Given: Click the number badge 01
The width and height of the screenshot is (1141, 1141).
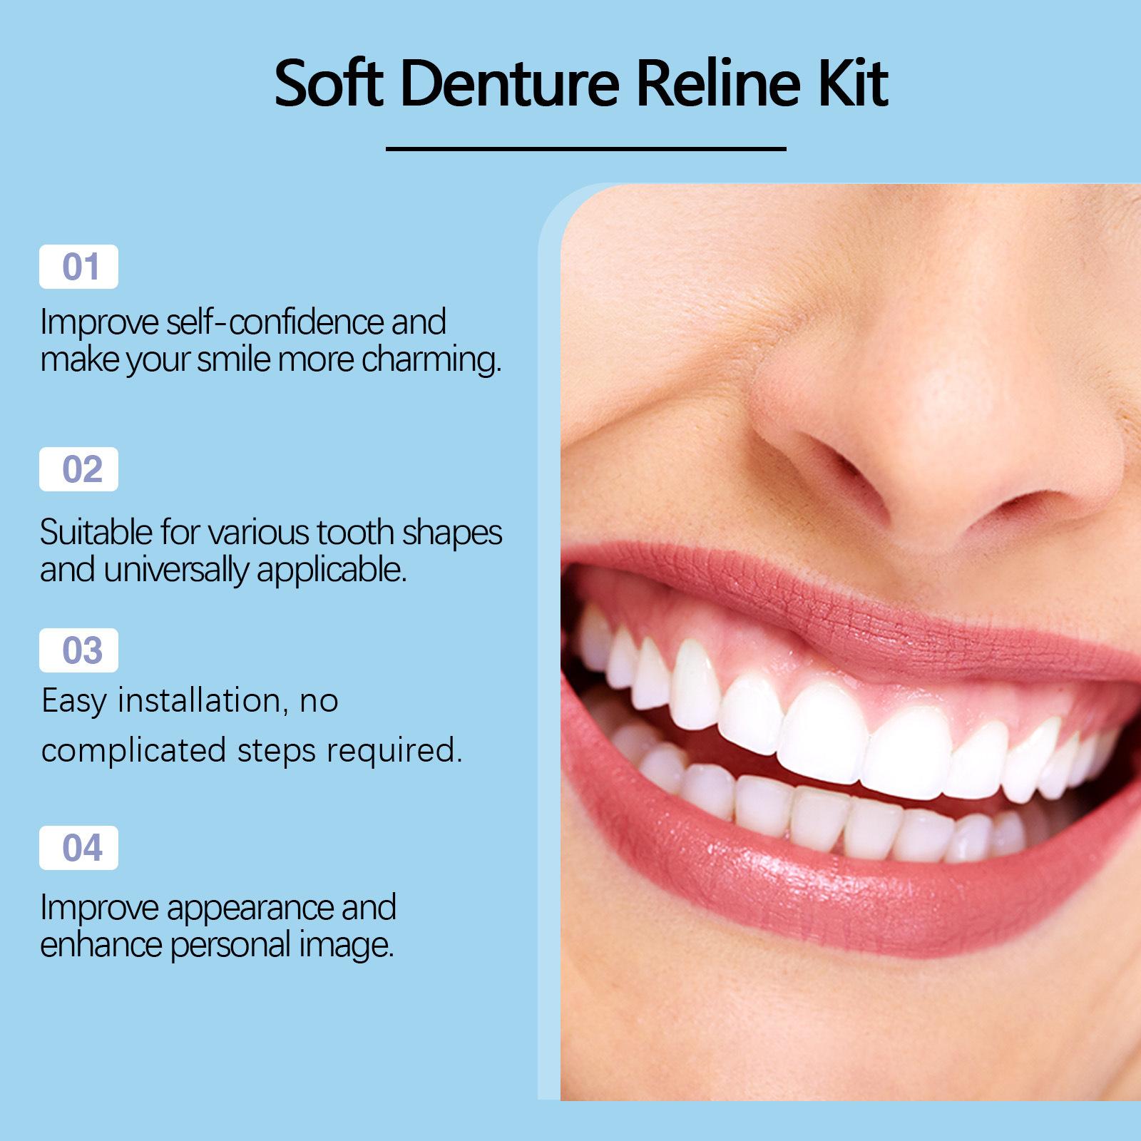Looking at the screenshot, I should coord(78,267).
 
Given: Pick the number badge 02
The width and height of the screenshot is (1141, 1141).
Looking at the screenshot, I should coord(78,469).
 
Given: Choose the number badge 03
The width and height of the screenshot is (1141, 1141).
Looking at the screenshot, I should coord(78,650).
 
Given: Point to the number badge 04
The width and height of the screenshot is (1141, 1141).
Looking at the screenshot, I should coord(78,848).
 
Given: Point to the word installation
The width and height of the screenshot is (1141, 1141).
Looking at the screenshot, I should coord(199,701).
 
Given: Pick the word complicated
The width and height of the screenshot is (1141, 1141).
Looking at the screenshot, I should coord(133,750).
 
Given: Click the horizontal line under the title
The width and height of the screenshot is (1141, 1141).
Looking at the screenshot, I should coord(585,149).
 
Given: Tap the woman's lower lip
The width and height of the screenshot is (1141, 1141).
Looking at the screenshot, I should coord(856,891).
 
